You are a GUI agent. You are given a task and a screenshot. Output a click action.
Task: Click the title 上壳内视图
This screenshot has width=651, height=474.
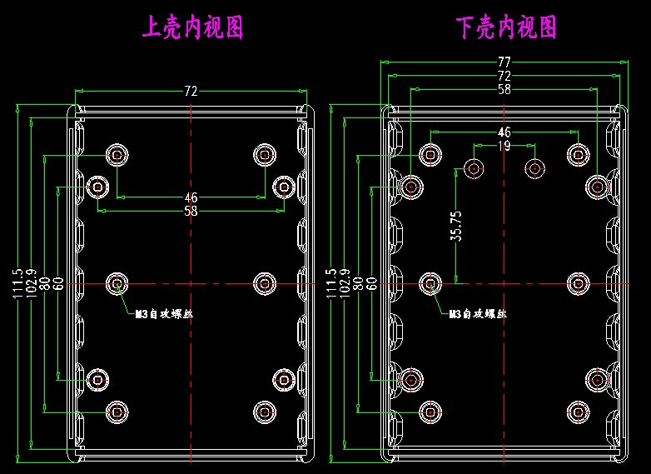point(192,27)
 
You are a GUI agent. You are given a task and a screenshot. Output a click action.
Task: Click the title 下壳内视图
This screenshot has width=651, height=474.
point(506,27)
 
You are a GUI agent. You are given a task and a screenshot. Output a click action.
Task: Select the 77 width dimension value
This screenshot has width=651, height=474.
point(504,62)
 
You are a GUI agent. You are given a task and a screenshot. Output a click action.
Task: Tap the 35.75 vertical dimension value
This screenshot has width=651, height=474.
point(456,226)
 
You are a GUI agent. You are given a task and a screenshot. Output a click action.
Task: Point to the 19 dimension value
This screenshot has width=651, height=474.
point(504,146)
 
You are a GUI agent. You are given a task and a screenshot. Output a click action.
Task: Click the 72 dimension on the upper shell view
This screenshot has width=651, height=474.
point(191,91)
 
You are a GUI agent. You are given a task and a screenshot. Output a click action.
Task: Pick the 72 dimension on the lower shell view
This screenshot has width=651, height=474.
point(504,76)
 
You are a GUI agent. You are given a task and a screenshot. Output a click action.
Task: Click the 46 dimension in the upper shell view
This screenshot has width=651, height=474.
point(191,197)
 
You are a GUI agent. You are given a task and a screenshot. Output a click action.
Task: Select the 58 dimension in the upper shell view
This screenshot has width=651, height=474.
point(191,211)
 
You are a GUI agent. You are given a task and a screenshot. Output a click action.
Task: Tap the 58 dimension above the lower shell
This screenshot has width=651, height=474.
point(504,89)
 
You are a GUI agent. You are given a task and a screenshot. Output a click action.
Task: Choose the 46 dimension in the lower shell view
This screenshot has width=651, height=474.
point(504,132)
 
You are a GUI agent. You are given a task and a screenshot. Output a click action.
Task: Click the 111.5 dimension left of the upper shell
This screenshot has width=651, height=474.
point(17,283)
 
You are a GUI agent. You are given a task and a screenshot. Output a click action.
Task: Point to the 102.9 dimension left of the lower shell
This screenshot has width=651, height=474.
point(345,283)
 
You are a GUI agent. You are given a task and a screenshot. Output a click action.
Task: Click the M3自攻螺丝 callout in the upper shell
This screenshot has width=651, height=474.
point(164,314)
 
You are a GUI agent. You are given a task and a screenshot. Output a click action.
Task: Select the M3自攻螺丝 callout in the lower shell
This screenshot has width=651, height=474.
point(478,314)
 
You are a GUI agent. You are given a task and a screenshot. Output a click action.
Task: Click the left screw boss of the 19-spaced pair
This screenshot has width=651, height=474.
point(474,168)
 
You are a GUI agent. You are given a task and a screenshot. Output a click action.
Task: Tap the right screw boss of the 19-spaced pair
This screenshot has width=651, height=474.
point(534,168)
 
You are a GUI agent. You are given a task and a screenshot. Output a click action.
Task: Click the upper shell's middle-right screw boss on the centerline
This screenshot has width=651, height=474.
point(265,284)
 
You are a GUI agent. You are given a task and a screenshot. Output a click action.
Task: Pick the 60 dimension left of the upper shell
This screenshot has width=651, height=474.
point(59,283)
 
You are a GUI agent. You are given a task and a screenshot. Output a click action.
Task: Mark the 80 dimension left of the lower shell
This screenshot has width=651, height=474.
point(359,283)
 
